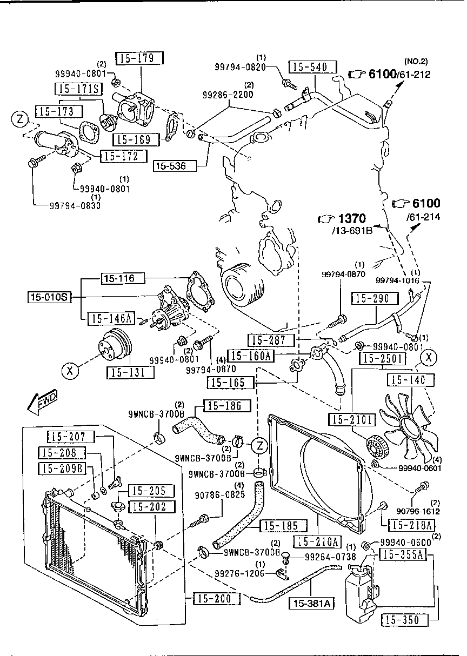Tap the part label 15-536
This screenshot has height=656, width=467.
point(170,166)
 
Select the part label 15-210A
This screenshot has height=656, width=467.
point(318,541)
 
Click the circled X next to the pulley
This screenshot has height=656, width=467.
point(69,371)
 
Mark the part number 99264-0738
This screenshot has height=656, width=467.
point(326,556)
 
